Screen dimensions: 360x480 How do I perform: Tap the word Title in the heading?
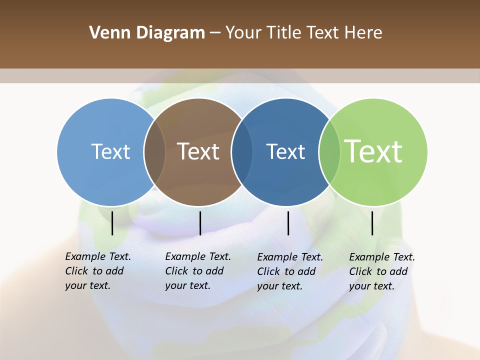coord(282,33)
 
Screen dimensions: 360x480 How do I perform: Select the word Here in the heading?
coord(363,33)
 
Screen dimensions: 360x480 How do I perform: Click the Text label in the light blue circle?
coord(110,151)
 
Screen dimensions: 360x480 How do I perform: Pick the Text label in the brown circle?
coord(198,151)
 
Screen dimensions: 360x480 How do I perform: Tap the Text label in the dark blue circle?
coord(285,151)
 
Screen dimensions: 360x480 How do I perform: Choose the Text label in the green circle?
coord(373,151)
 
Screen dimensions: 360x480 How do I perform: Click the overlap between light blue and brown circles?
coord(154,152)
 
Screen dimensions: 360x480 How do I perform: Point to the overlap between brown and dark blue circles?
coord(242,152)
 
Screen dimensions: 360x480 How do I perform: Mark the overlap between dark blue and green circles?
coord(329,152)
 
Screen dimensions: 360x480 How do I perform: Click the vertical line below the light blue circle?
coord(112,223)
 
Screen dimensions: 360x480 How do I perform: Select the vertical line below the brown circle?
coord(200,223)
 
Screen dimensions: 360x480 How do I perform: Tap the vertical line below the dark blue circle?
coord(288,223)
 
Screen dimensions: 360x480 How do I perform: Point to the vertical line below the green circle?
coord(372,223)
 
